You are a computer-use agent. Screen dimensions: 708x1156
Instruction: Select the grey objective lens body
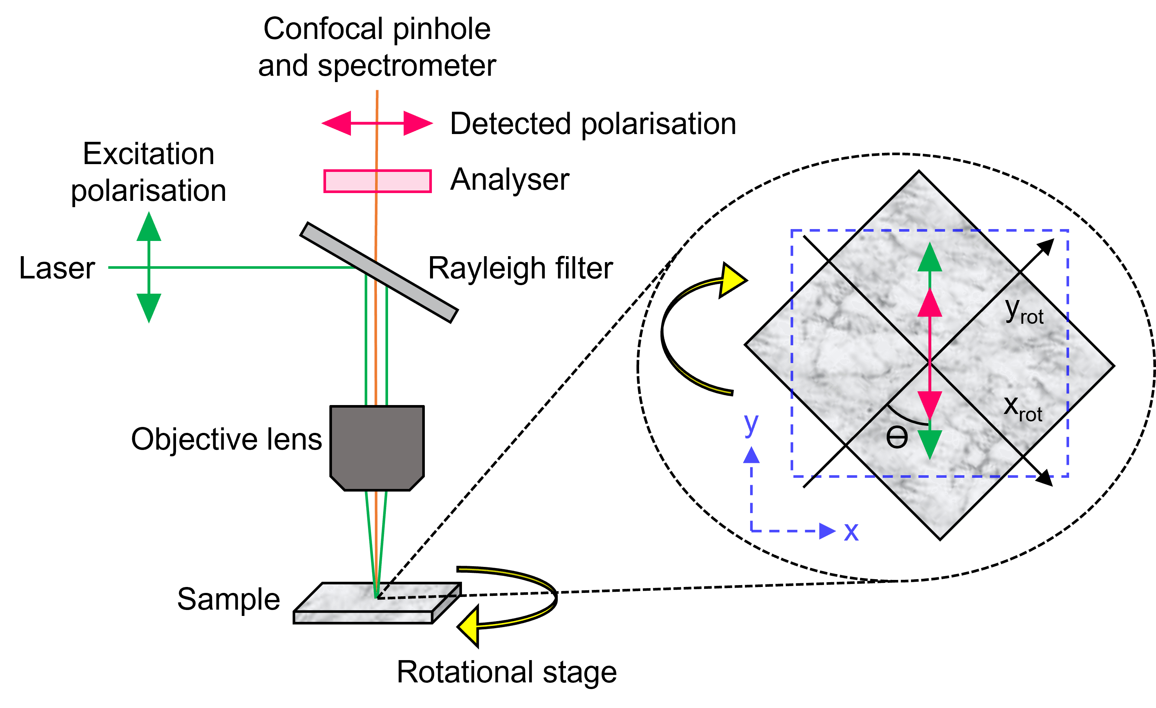point(377,446)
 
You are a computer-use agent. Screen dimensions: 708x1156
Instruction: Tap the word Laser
point(57,268)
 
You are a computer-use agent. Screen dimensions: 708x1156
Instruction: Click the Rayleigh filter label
point(520,269)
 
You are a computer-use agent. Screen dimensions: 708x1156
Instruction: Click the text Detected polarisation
point(593,124)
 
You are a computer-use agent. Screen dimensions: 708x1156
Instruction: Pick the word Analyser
point(509,180)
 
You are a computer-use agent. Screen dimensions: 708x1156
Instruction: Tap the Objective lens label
point(226,440)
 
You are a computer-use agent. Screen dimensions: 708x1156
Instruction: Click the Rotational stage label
point(507,672)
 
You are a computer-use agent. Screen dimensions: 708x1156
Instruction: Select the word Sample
point(228,599)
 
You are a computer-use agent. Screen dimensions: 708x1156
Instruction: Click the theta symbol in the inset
point(896,438)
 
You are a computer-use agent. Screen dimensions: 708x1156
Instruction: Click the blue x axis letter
point(851,532)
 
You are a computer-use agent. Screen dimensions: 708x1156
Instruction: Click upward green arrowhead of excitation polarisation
point(149,228)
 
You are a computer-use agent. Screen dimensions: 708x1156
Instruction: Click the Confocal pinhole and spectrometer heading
point(377,47)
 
